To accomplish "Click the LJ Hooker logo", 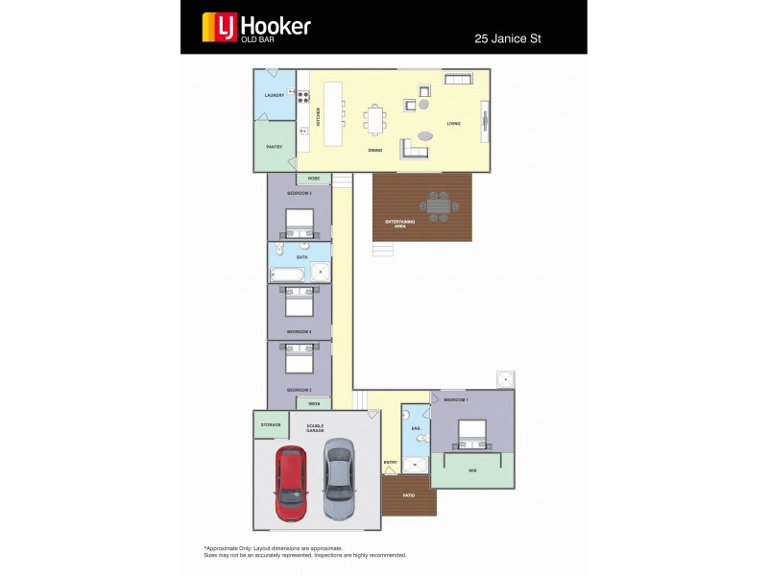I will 255,27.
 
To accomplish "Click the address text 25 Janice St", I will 516,40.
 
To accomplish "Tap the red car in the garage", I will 291,482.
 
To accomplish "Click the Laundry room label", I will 275,95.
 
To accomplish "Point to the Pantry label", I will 274,147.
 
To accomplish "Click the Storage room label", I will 270,423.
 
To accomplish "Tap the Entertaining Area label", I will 400,223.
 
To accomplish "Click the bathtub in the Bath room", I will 289,275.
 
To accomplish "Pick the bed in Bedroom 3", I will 300,223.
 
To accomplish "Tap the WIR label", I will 472,471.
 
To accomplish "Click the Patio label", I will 408,495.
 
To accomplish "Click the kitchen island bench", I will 333,113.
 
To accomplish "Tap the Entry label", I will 391,463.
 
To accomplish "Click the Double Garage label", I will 315,429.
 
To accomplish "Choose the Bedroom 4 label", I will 299,331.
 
